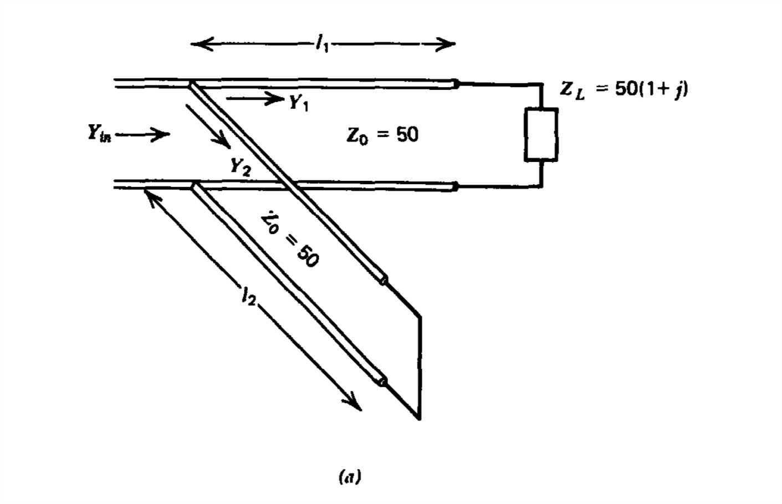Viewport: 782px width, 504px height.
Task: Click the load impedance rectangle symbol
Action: click(x=541, y=135)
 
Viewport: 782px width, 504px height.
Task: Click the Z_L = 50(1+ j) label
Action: click(x=624, y=89)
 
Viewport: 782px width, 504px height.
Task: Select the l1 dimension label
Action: click(x=322, y=44)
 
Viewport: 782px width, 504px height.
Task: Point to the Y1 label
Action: click(x=299, y=102)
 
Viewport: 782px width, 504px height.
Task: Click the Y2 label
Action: click(x=240, y=166)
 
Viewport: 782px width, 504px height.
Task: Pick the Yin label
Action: click(x=99, y=134)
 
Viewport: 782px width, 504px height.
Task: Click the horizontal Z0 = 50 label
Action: click(x=382, y=135)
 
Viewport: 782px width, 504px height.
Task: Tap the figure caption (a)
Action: click(x=350, y=476)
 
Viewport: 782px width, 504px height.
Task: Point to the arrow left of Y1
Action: click(x=255, y=99)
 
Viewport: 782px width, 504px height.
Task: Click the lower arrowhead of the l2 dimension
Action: click(x=355, y=405)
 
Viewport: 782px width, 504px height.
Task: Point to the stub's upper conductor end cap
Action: click(x=382, y=280)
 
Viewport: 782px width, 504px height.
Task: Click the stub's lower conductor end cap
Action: click(x=381, y=381)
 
